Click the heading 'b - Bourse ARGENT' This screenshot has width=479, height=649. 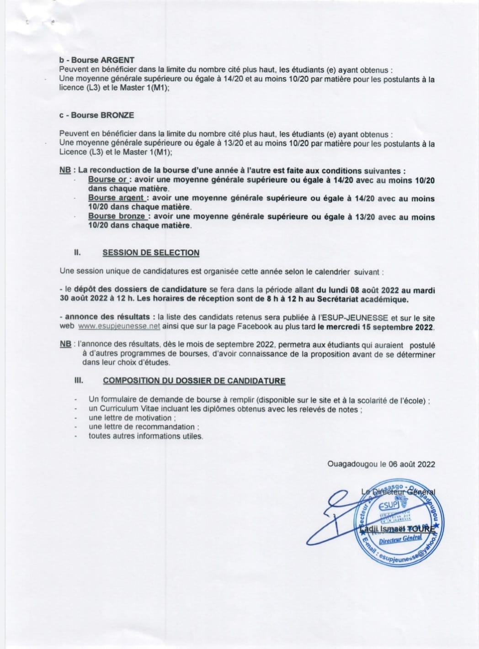click(x=97, y=60)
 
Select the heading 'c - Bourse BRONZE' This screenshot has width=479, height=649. click(x=96, y=115)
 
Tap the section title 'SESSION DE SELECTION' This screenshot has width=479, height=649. click(x=151, y=253)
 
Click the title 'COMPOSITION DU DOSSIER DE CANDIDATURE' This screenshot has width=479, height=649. click(x=194, y=380)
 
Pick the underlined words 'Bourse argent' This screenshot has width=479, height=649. click(x=117, y=198)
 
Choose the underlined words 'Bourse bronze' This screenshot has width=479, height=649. click(x=117, y=216)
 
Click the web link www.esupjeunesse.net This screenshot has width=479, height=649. click(x=119, y=327)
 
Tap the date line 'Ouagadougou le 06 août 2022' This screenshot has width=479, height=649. click(x=381, y=464)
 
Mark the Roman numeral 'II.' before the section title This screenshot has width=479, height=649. click(x=78, y=252)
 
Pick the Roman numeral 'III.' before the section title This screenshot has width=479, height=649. click(x=79, y=380)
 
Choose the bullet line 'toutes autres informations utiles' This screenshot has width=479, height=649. click(x=146, y=436)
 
